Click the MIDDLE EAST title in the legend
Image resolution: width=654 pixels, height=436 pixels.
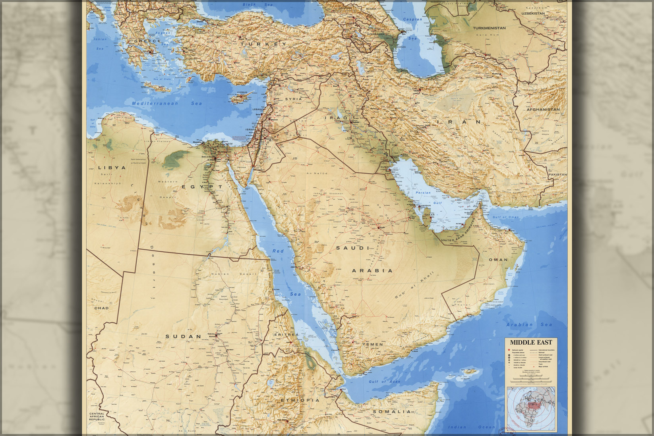coord(531,342)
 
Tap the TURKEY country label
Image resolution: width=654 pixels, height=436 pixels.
coord(263,44)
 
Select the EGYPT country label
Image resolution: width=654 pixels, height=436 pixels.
coord(202,186)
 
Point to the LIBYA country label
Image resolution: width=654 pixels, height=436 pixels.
coord(112,168)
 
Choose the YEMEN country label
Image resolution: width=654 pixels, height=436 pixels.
coord(372,344)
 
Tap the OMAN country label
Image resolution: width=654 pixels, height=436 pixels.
coord(498,260)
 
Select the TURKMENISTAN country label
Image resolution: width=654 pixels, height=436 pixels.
coord(489,28)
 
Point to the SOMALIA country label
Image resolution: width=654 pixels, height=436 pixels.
coord(392,411)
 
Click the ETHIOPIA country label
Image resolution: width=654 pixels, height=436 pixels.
coord(300,400)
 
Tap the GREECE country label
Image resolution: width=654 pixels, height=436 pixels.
coord(147,41)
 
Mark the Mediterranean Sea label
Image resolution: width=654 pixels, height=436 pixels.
coord(167,103)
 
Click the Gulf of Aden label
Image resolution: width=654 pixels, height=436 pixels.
coord(384,382)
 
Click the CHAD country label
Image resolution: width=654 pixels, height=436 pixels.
coord(101,308)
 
